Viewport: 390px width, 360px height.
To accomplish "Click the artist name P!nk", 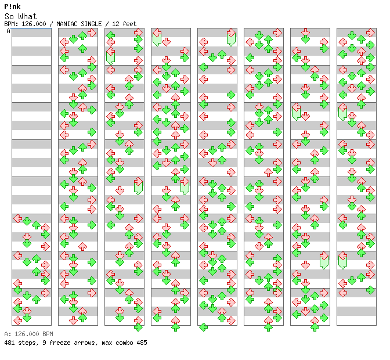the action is click(x=12, y=6).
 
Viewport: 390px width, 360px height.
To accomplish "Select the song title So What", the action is click(x=21, y=16).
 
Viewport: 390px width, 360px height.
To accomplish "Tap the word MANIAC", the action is click(x=66, y=24).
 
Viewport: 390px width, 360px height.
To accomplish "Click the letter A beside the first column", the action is click(x=9, y=31).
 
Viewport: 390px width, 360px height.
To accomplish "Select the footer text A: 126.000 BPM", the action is click(x=28, y=334).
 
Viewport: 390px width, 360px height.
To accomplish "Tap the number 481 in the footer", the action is click(x=9, y=343).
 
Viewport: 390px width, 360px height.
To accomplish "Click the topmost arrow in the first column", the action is click(x=17, y=219).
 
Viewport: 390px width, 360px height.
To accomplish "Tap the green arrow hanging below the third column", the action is click(x=138, y=327).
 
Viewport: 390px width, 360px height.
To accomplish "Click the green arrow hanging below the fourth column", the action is click(x=175, y=327).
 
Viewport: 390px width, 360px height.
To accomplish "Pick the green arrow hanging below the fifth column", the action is click(x=204, y=327).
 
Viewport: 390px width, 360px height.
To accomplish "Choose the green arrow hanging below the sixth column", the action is click(x=268, y=327).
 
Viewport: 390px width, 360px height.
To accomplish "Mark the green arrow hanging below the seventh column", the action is click(x=315, y=327).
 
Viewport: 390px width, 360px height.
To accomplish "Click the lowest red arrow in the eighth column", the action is click(x=342, y=293).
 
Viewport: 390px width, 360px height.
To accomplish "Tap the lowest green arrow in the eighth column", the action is click(x=370, y=290).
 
